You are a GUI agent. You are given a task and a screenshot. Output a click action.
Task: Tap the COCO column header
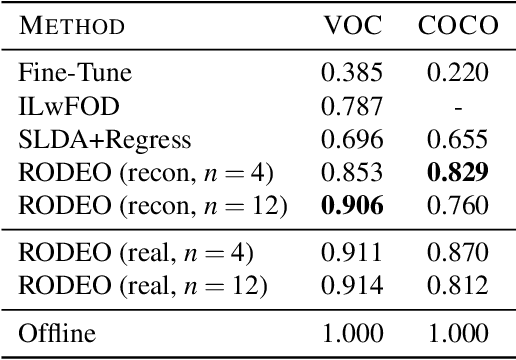(458, 25)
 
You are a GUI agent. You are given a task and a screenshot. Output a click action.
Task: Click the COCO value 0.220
(458, 73)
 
